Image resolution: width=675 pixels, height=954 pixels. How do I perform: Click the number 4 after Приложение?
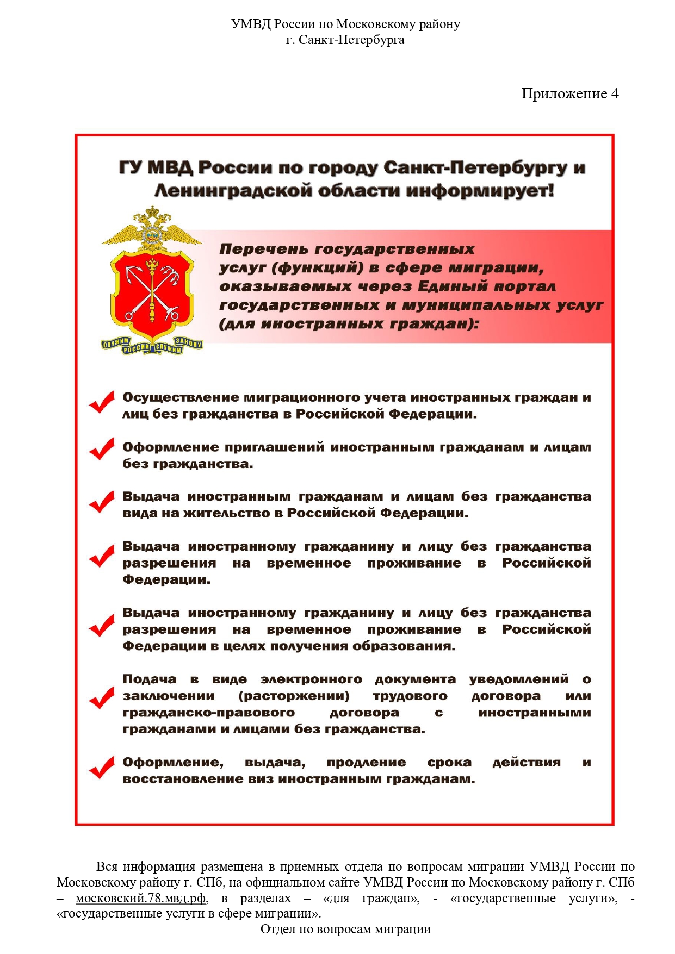click(x=615, y=94)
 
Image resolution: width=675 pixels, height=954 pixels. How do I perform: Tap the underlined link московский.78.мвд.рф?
click(x=140, y=898)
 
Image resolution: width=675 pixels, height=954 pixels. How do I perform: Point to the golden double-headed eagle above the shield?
click(x=152, y=228)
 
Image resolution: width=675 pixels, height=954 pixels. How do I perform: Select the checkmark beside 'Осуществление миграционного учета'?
click(x=102, y=403)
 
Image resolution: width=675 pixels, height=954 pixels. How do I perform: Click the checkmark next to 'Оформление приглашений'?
click(x=102, y=450)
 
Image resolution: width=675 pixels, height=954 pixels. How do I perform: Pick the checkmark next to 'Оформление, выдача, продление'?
click(x=102, y=768)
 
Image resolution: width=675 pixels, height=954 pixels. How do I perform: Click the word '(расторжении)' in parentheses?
click(x=294, y=696)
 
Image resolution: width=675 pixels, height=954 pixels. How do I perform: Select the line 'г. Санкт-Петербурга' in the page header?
click(x=345, y=40)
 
